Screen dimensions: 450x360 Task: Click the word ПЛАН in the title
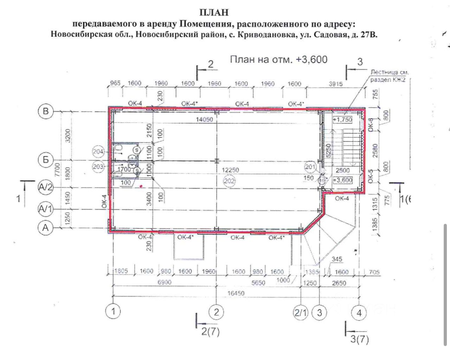pyautogui.click(x=214, y=13)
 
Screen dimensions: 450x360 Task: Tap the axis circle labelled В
pyautogui.click(x=45, y=112)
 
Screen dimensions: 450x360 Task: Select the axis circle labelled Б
pyautogui.click(x=45, y=160)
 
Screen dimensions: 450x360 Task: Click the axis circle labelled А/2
pyautogui.click(x=45, y=187)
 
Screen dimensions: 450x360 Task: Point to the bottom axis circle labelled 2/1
pyautogui.click(x=301, y=312)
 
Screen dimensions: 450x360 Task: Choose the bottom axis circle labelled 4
pyautogui.click(x=359, y=312)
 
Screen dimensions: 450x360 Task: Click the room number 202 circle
pyautogui.click(x=229, y=181)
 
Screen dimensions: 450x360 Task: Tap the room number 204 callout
pyautogui.click(x=98, y=152)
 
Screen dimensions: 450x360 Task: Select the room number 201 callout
pyautogui.click(x=310, y=167)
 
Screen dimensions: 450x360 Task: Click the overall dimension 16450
pyautogui.click(x=236, y=293)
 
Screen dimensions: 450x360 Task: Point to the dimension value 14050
pyautogui.click(x=204, y=120)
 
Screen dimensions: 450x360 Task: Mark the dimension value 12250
pyautogui.click(x=230, y=170)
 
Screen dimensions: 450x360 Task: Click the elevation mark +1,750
pyautogui.click(x=342, y=120)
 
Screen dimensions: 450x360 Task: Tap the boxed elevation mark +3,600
pyautogui.click(x=342, y=180)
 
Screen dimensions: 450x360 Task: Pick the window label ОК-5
pyautogui.click(x=371, y=176)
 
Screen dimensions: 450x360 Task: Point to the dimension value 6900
pyautogui.click(x=164, y=282)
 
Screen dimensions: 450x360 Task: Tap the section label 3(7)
pyautogui.click(x=360, y=340)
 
